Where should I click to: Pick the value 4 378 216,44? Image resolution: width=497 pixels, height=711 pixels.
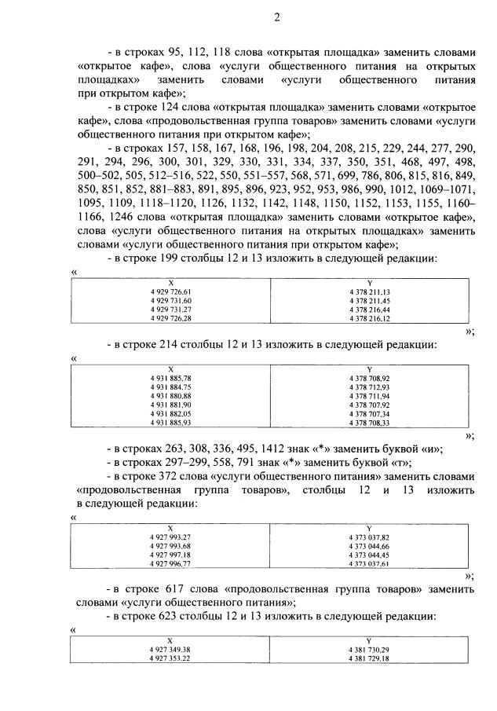[369, 310]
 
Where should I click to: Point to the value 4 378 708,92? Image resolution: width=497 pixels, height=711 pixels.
[369, 378]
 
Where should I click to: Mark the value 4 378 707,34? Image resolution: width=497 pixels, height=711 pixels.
[369, 413]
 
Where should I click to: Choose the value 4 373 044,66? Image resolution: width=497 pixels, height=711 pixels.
[369, 546]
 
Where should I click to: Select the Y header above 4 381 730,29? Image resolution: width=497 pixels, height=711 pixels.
[369, 641]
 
